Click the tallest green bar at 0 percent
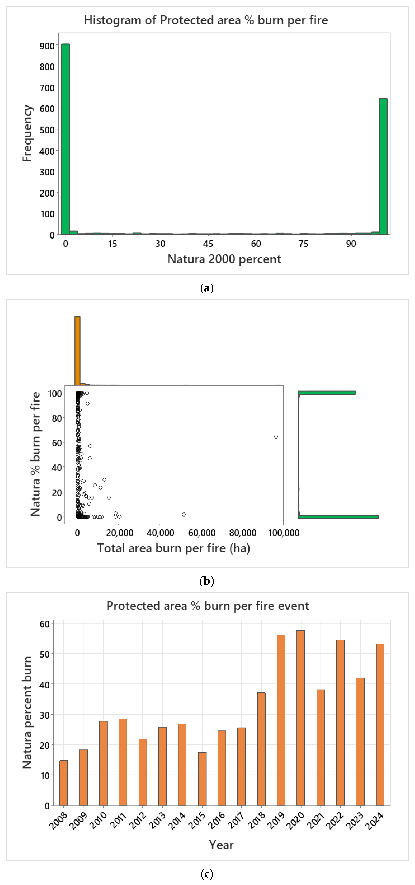[x=65, y=139]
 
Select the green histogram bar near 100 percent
[x=383, y=167]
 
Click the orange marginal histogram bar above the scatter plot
[x=77, y=350]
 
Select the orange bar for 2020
[x=300, y=718]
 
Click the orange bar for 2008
[x=64, y=783]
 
